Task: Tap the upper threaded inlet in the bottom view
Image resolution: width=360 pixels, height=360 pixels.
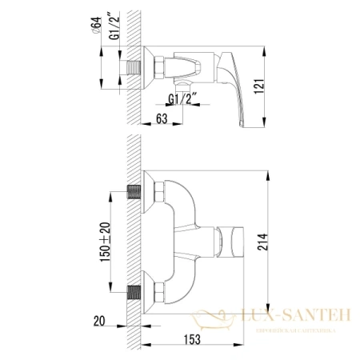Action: point(134,194)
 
